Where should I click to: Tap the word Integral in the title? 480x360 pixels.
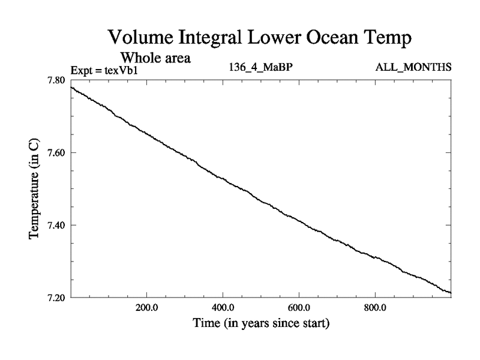(x=216, y=38)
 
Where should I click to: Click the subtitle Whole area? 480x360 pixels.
(x=156, y=58)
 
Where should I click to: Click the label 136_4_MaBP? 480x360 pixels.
(x=261, y=68)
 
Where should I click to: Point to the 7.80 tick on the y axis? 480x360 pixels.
(x=58, y=80)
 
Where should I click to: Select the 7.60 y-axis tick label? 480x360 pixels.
(x=58, y=153)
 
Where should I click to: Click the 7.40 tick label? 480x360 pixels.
(x=58, y=225)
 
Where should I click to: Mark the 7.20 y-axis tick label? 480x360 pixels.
(x=58, y=297)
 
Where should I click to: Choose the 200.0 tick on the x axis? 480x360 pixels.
(x=146, y=308)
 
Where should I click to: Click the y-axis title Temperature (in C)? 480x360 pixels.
(x=35, y=188)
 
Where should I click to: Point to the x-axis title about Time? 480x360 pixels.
(x=261, y=324)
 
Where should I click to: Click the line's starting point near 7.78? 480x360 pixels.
(x=71, y=88)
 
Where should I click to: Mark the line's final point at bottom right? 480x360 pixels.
(x=451, y=293)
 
